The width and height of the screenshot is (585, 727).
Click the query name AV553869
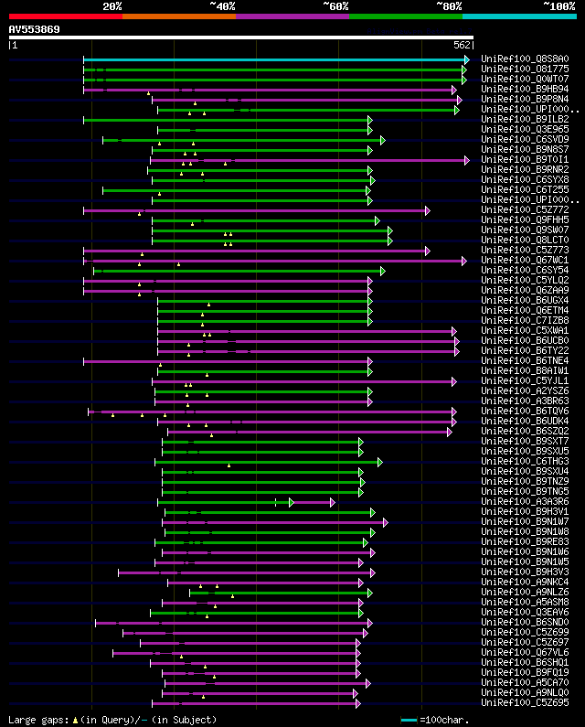(34, 29)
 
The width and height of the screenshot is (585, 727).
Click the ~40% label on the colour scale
(222, 5)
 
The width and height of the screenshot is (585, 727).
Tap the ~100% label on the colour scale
(558, 5)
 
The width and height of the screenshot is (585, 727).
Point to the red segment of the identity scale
(65, 16)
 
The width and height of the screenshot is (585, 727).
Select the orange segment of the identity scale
(178, 16)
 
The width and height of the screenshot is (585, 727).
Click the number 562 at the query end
(462, 45)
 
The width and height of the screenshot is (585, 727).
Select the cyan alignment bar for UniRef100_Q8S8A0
(274, 59)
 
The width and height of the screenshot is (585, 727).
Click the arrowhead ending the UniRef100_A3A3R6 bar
(333, 502)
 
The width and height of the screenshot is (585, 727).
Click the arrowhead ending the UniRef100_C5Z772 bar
(427, 210)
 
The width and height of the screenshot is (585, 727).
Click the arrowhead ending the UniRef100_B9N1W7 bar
(386, 522)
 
